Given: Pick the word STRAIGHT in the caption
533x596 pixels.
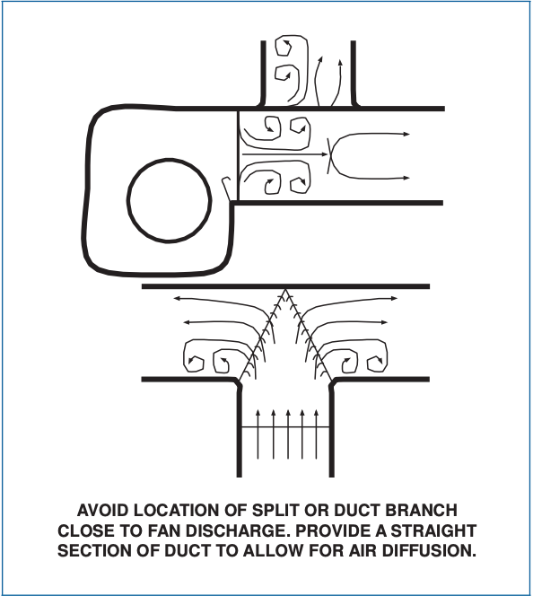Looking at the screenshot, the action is tap(433, 530).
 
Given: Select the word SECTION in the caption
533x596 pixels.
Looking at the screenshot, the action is tap(93, 551).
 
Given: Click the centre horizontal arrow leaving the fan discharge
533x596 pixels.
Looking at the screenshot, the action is tap(284, 154).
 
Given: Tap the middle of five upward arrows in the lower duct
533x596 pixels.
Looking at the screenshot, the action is tap(288, 434).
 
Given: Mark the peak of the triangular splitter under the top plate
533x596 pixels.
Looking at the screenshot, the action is tap(285, 290).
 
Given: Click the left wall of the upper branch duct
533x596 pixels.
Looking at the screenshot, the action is tap(263, 73).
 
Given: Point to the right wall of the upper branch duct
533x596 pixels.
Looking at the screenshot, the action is tap(354, 73).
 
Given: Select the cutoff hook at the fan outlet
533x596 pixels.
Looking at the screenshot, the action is tap(226, 188).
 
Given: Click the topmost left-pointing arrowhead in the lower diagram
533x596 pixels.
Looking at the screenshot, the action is tap(177, 298).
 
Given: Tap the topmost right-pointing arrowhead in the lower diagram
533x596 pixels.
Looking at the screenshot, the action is tap(394, 298).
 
